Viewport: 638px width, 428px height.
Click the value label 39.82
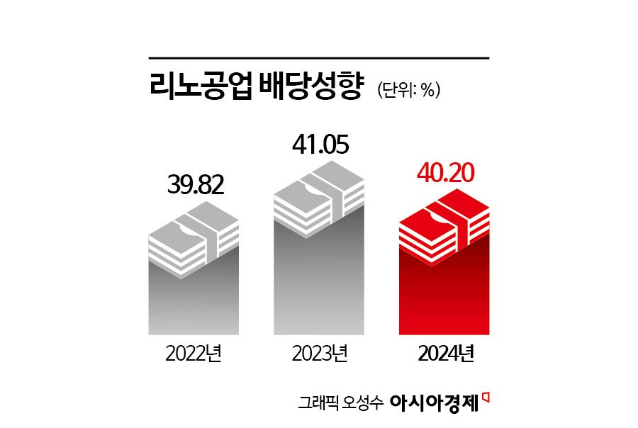pyautogui.click(x=196, y=185)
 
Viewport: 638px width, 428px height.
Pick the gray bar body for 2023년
pyautogui.click(x=320, y=283)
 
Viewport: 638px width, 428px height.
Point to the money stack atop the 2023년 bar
pyautogui.click(x=320, y=198)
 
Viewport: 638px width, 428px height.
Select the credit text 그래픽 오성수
pyautogui.click(x=341, y=402)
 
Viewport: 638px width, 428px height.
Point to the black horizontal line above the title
pyautogui.click(x=319, y=57)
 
